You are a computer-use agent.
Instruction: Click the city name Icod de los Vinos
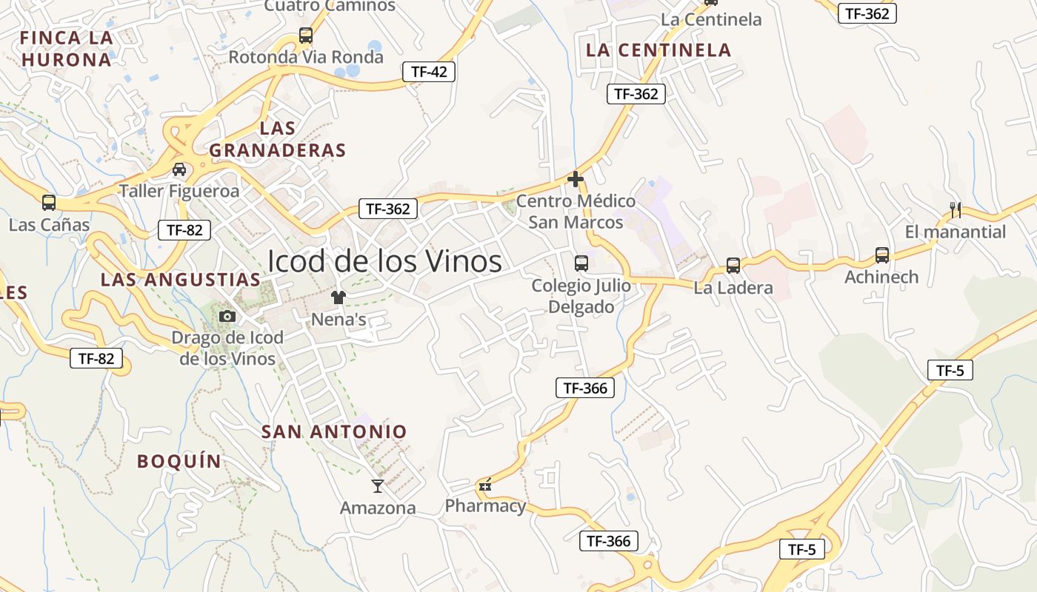(384, 261)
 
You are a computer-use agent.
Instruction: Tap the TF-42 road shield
(429, 72)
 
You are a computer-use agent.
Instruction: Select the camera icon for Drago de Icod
(227, 317)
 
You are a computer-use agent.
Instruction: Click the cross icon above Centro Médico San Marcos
(576, 179)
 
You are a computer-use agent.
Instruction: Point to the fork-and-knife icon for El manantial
(956, 210)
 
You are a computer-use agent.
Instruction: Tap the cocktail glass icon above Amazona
(378, 486)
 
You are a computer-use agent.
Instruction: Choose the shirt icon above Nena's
(339, 297)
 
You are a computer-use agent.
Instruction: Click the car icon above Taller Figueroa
(179, 169)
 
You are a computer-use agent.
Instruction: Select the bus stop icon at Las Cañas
(49, 203)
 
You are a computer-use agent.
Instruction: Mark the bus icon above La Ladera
(733, 266)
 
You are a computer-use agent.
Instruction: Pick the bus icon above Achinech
(881, 255)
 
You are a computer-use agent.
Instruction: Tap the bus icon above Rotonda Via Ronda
(305, 35)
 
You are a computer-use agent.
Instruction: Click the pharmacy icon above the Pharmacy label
(486, 485)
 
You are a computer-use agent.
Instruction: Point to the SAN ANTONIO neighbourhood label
(334, 431)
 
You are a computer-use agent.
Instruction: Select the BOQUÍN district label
(179, 461)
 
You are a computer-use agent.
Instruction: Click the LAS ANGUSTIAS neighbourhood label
(181, 280)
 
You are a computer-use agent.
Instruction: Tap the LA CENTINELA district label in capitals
(658, 50)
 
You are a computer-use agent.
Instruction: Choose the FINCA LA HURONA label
(67, 49)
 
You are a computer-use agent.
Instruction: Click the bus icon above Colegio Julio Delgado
(581, 263)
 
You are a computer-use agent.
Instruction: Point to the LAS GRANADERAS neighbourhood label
(278, 139)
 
